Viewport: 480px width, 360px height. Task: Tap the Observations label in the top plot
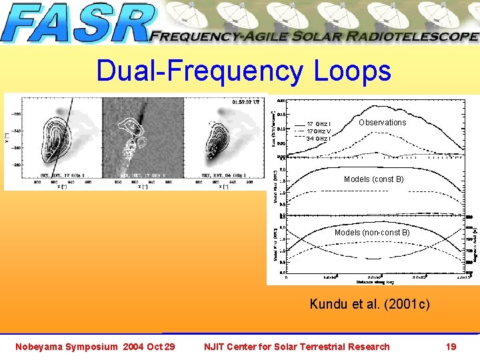tap(382, 123)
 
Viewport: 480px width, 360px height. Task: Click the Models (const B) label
tap(373, 179)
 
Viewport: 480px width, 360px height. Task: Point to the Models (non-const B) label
tap(372, 233)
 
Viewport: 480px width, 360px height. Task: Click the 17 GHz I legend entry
tap(319, 125)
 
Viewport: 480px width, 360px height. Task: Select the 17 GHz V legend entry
tap(319, 131)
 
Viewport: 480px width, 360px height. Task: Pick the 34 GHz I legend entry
tap(319, 139)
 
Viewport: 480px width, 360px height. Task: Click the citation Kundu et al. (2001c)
tap(370, 305)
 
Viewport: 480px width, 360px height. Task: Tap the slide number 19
tap(451, 347)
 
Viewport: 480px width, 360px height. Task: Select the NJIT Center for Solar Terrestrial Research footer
tap(296, 347)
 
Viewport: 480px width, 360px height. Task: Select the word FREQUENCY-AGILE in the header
tap(219, 37)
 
